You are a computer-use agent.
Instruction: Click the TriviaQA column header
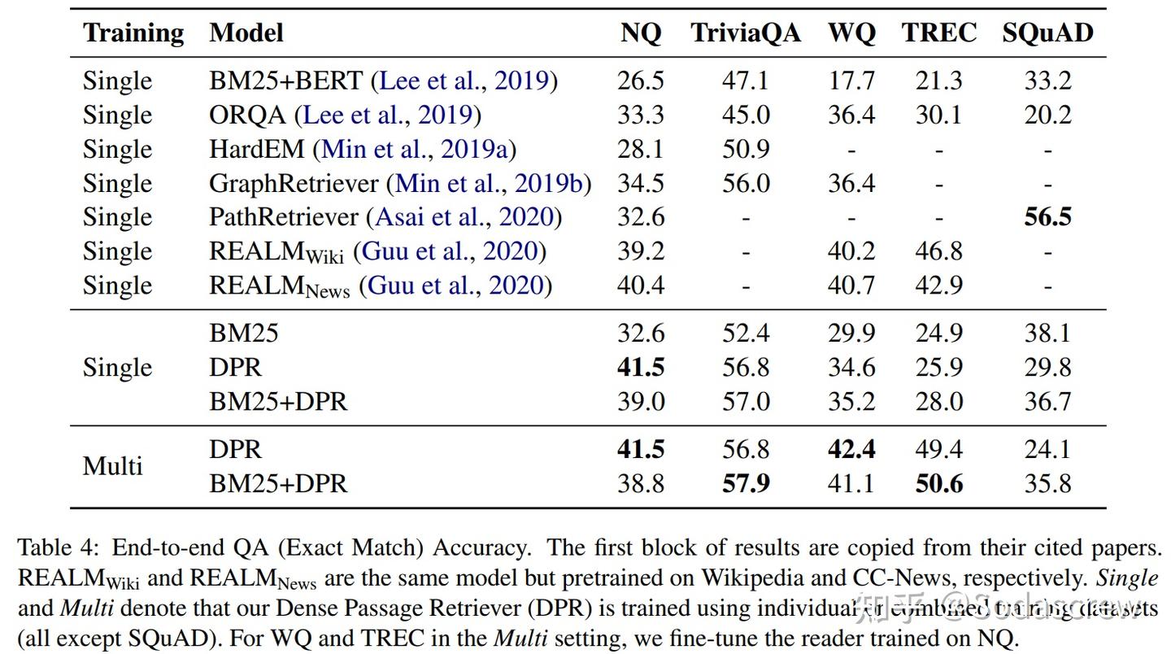click(745, 33)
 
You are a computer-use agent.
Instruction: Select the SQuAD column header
click(1047, 33)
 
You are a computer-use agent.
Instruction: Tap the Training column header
click(133, 33)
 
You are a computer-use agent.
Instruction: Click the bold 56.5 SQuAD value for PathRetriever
click(1047, 217)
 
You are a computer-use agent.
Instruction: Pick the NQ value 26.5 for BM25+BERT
click(641, 81)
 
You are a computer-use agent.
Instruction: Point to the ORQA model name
click(247, 115)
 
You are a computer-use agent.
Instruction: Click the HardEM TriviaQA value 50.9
click(746, 149)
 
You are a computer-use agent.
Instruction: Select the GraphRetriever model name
click(294, 183)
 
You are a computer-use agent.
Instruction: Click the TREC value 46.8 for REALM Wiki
click(938, 251)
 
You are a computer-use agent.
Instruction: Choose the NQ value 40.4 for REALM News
click(641, 286)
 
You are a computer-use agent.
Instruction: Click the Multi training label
click(112, 466)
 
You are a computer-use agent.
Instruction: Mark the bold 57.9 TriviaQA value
click(746, 484)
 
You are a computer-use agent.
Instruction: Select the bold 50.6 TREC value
click(938, 484)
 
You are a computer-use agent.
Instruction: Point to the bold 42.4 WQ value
click(851, 450)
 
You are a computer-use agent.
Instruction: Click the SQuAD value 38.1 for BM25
click(1047, 334)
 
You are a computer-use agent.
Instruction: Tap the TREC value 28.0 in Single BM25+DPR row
click(938, 402)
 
